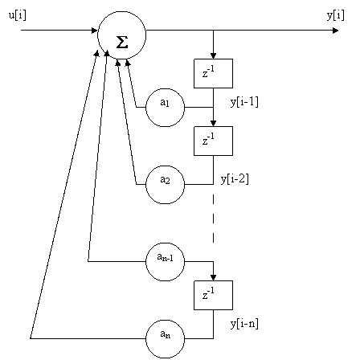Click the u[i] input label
click(x=18, y=15)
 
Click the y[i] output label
click(x=336, y=15)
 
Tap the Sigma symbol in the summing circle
click(x=122, y=42)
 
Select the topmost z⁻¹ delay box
click(x=213, y=73)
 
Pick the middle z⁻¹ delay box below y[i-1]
click(x=213, y=141)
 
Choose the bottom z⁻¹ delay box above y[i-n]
click(x=213, y=295)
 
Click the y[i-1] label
click(x=244, y=102)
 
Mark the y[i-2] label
click(x=235, y=179)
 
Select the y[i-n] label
click(x=244, y=324)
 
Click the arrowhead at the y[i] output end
click(x=335, y=31)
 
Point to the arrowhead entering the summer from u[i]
click(x=94, y=31)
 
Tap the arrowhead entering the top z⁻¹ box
click(x=213, y=55)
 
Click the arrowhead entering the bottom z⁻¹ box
click(x=213, y=277)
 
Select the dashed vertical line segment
click(x=213, y=219)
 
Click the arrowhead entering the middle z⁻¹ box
click(x=213, y=123)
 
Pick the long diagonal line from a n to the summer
click(x=63, y=194)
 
